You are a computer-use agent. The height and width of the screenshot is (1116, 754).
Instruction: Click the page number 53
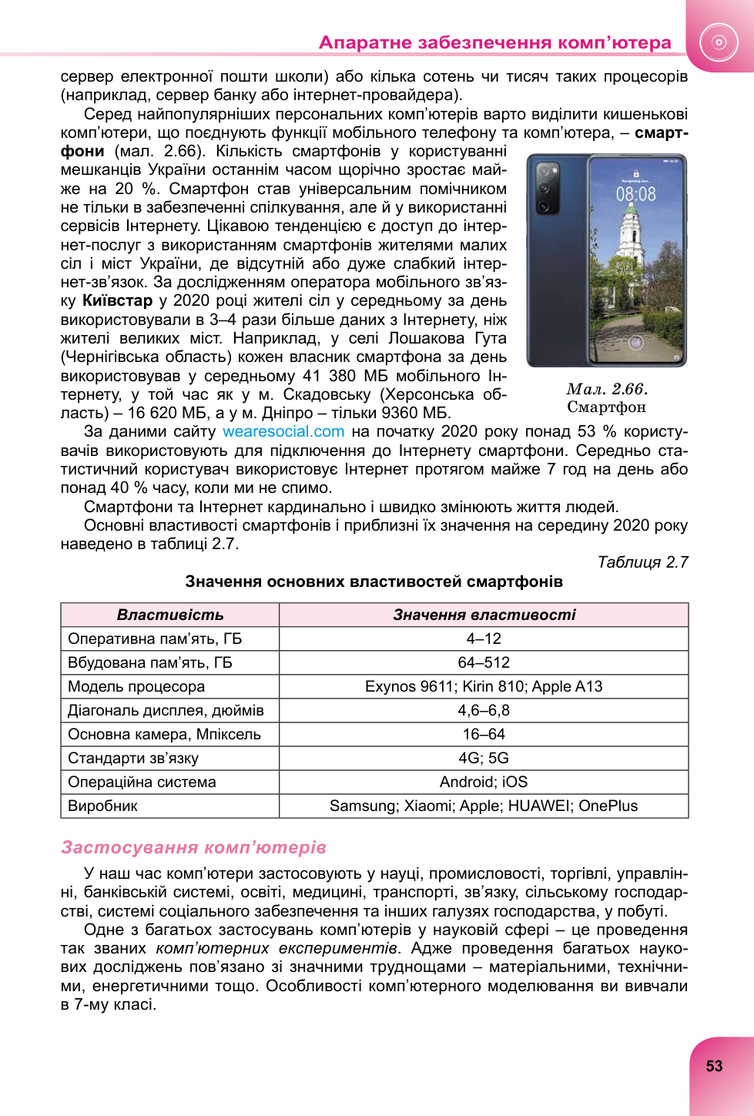[x=714, y=1066]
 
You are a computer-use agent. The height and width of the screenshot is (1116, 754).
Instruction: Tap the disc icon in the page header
[x=719, y=42]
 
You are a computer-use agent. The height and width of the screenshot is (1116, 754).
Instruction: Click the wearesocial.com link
[x=283, y=432]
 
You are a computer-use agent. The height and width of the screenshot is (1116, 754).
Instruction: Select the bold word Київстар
[x=117, y=300]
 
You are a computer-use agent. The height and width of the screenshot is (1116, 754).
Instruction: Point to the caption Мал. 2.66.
[x=607, y=389]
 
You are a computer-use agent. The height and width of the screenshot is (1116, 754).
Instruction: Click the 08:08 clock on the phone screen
[x=635, y=194]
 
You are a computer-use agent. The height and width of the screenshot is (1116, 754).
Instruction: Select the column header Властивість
[x=170, y=615]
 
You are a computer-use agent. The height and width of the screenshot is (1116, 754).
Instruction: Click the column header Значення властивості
[x=484, y=615]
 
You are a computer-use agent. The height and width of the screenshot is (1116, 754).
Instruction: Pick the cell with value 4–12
[x=484, y=638]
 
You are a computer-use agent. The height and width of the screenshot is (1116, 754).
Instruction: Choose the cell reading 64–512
[x=484, y=662]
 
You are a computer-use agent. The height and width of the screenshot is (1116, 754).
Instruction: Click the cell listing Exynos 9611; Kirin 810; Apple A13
[x=484, y=686]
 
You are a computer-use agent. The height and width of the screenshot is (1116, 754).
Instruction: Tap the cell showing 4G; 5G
[x=484, y=758]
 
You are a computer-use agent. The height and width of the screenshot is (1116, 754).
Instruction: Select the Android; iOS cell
[x=484, y=782]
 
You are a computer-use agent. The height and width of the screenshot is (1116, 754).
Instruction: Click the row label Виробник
[x=102, y=806]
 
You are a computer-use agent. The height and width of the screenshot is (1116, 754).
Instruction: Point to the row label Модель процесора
[x=136, y=686]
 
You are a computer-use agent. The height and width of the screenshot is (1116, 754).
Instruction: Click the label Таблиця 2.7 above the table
[x=642, y=562]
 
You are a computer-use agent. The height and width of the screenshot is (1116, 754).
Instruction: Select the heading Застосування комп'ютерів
[x=193, y=847]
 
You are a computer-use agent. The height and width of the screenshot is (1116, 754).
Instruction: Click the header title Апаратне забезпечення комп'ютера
[x=494, y=42]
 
